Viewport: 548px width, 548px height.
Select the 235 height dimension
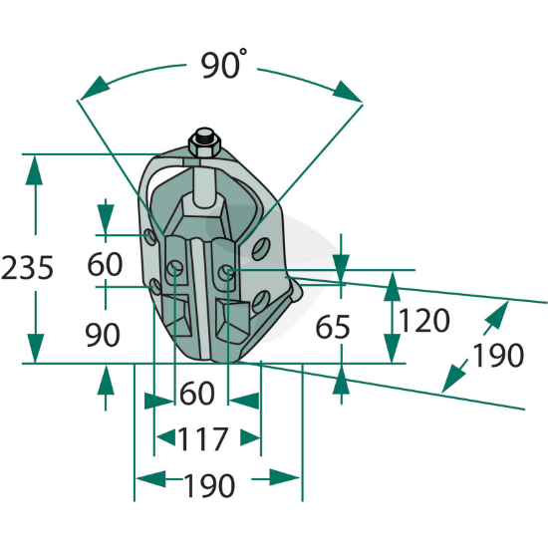pyautogui.click(x=27, y=268)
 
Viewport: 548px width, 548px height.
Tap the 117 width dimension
pyautogui.click(x=202, y=439)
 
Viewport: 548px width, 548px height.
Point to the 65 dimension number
pyautogui.click(x=333, y=327)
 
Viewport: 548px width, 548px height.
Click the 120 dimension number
pyautogui.click(x=423, y=320)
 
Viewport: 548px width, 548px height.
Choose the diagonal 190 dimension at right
pyautogui.click(x=498, y=355)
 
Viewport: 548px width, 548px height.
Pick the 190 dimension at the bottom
pyautogui.click(x=209, y=486)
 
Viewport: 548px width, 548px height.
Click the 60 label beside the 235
pyautogui.click(x=105, y=264)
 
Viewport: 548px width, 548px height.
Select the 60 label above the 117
pyautogui.click(x=196, y=393)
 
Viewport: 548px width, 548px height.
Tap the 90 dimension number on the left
pyautogui.click(x=103, y=335)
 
